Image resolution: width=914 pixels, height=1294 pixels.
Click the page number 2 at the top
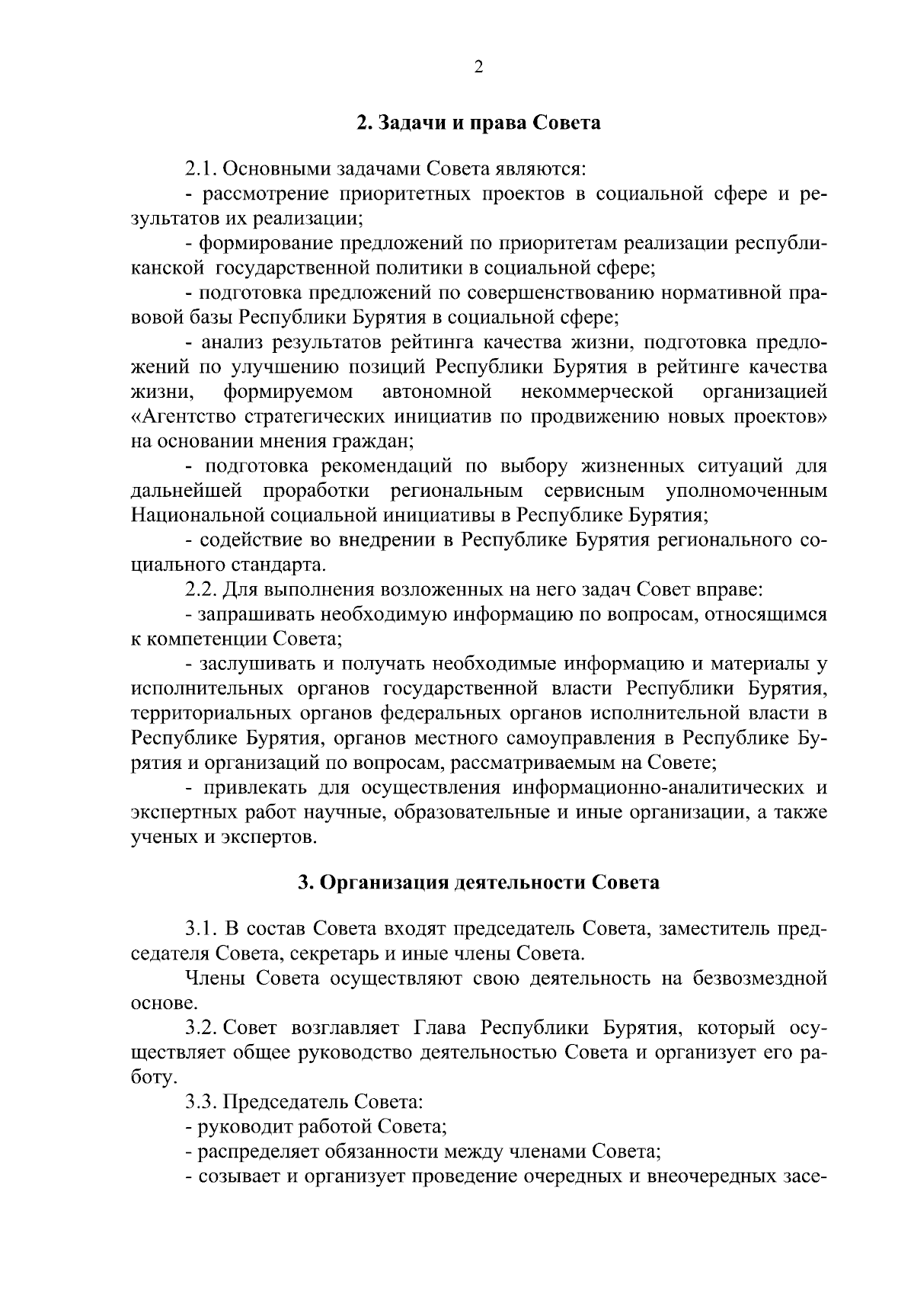[478, 67]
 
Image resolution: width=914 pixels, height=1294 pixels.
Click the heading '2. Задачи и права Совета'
[478, 123]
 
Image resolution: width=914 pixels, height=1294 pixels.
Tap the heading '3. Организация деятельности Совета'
[478, 883]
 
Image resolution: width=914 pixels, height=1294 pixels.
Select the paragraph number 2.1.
[200, 167]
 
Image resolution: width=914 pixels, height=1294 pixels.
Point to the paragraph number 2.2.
[200, 589]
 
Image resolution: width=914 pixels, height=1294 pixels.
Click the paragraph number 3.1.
[200, 929]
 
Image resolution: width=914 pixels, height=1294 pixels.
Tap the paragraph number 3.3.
[200, 1102]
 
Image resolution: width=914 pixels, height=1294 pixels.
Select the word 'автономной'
[436, 392]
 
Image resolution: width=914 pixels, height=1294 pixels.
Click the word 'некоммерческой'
[597, 392]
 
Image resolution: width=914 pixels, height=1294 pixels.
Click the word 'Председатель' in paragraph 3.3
[278, 1102]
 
